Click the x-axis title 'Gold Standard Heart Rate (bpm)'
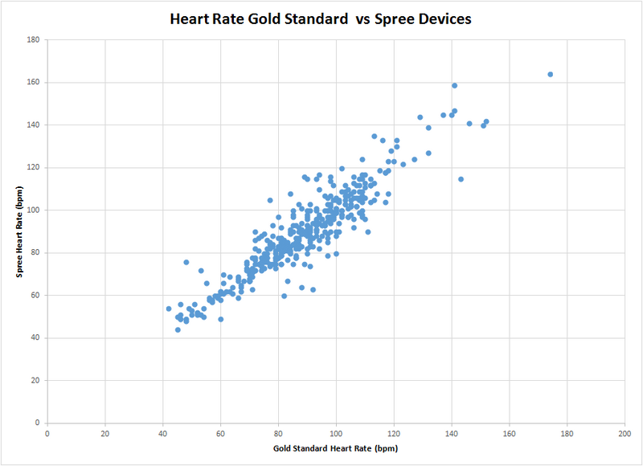point(336,448)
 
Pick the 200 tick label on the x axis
point(625,433)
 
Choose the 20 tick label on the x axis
point(105,433)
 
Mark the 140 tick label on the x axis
point(452,433)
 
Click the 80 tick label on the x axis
point(278,433)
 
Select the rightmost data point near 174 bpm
point(551,74)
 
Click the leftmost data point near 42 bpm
point(169,309)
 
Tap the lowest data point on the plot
point(178,329)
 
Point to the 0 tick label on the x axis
point(47,433)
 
